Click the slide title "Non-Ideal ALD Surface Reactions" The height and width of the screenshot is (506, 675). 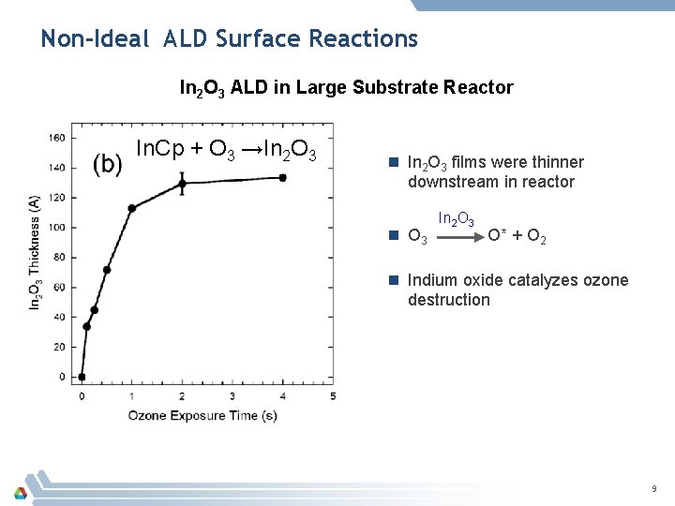pyautogui.click(x=229, y=39)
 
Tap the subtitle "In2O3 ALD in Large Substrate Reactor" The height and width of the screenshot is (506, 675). pyautogui.click(x=346, y=88)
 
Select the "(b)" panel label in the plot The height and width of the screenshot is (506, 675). pyautogui.click(x=108, y=163)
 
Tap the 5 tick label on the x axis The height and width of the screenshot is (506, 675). pyautogui.click(x=333, y=396)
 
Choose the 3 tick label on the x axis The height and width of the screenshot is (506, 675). pyautogui.click(x=232, y=396)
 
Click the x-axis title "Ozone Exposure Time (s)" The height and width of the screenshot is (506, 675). pyautogui.click(x=202, y=415)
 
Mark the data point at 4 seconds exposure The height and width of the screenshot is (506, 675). pyautogui.click(x=282, y=177)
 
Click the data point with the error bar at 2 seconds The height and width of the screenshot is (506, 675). pyautogui.click(x=182, y=184)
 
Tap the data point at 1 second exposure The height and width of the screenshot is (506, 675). pyautogui.click(x=132, y=208)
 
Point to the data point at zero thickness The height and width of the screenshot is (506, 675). pyautogui.click(x=82, y=377)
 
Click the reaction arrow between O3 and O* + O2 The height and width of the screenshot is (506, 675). pyautogui.click(x=458, y=238)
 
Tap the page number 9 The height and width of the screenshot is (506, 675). pyautogui.click(x=654, y=489)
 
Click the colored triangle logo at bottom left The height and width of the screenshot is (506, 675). pyautogui.click(x=20, y=491)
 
